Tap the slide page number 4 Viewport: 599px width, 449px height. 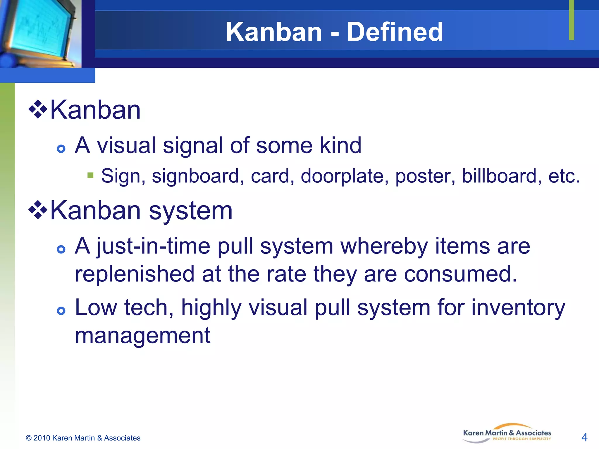click(x=584, y=437)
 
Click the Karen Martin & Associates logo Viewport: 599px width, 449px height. click(x=507, y=434)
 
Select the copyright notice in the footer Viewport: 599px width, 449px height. click(x=83, y=438)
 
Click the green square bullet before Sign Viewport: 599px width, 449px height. click(x=90, y=175)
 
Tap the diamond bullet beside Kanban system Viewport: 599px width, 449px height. click(x=38, y=210)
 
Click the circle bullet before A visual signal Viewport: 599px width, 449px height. click(x=61, y=149)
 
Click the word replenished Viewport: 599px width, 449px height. click(x=135, y=274)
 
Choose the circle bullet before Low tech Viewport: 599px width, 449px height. click(x=61, y=311)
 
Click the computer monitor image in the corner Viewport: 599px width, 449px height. click(x=40, y=33)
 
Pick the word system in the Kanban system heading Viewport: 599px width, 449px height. click(x=191, y=210)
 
